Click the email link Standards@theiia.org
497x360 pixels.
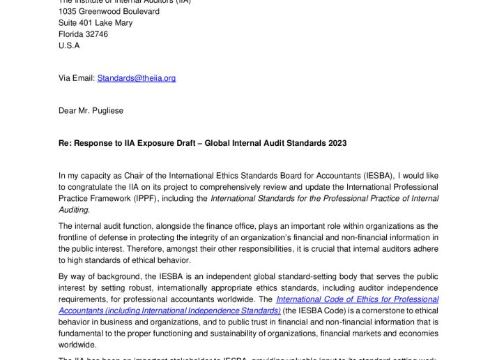coord(136,78)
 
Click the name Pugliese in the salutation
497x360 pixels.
coord(105,110)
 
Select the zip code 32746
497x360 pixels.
coord(95,34)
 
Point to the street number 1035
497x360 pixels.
coord(68,12)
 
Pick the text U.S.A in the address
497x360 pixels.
coord(69,45)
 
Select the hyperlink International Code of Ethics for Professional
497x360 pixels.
coord(358,299)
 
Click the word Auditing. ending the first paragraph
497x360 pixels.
coord(74,210)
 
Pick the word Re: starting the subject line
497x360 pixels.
coord(65,143)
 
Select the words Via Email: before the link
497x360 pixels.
coord(77,78)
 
